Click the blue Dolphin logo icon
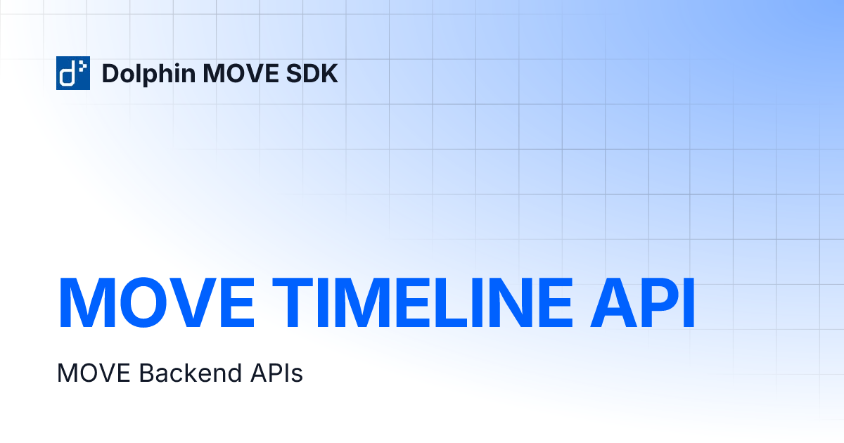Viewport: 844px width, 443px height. (x=73, y=73)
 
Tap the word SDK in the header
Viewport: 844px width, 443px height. (x=316, y=73)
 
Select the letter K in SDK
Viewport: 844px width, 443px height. (x=328, y=73)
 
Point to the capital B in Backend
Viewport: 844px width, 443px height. (x=145, y=373)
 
